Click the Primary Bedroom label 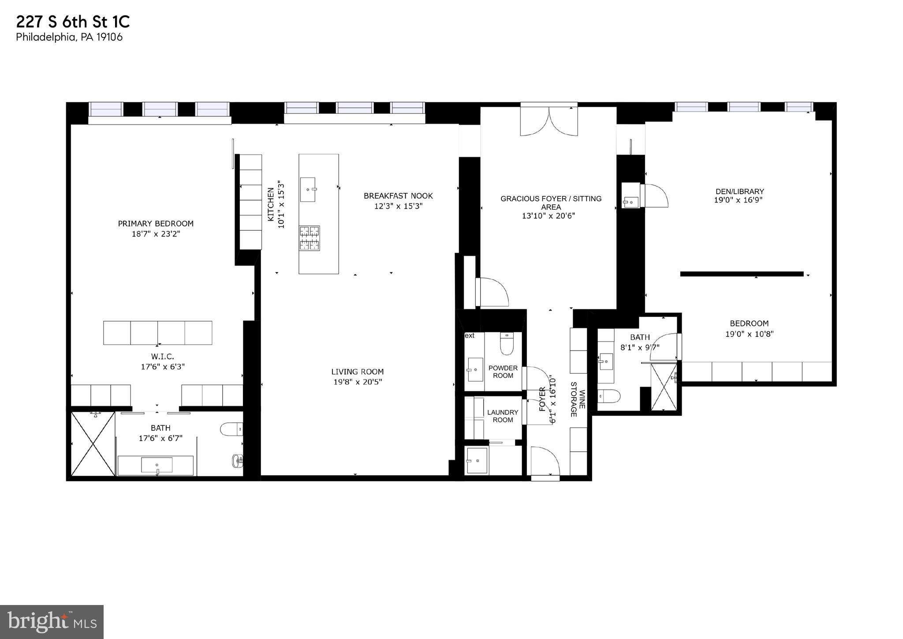coord(156,224)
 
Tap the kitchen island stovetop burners coord(309,238)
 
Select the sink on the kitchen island coord(308,189)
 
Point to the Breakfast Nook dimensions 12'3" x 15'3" coord(398,206)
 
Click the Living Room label coord(357,372)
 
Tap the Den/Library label coord(739,192)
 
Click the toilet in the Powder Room coord(507,344)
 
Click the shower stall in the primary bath coord(93,444)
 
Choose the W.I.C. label coord(163,357)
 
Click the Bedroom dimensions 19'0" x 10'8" coord(749,335)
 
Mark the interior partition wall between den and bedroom coord(742,274)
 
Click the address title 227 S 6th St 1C coord(73,22)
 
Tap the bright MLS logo coord(52,622)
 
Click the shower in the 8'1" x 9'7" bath coord(664,387)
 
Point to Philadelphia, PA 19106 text coord(69,37)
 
